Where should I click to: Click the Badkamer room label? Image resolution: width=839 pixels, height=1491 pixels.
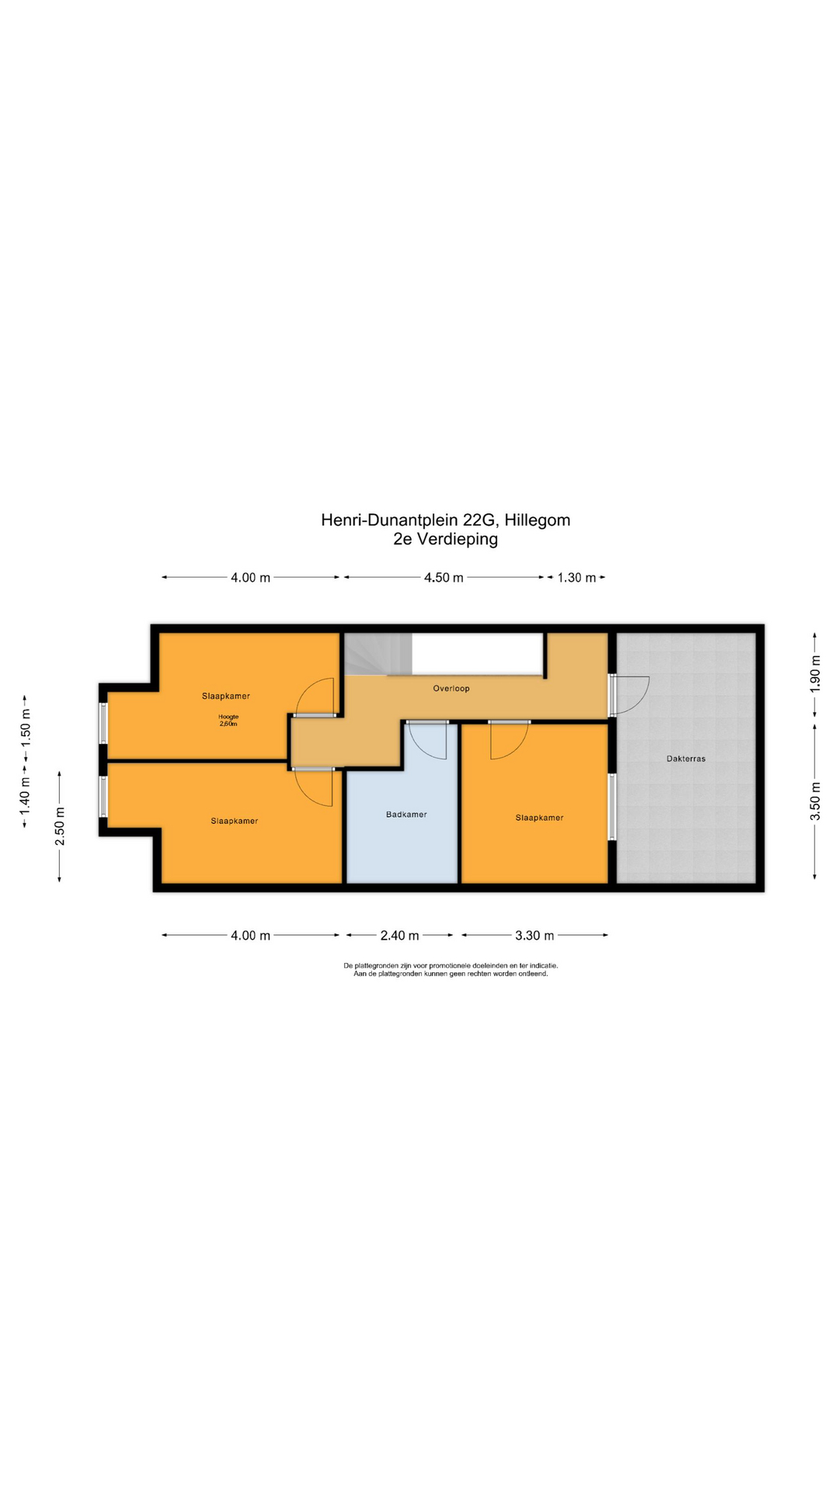[x=406, y=815]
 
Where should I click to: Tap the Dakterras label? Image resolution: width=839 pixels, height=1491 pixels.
[x=686, y=759]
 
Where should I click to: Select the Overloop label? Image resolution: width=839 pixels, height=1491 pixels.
[x=451, y=688]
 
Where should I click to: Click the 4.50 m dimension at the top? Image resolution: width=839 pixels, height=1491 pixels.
[x=444, y=578]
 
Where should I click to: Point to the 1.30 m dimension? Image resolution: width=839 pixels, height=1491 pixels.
[x=576, y=578]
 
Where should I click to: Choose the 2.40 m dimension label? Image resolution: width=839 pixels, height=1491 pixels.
[x=399, y=936]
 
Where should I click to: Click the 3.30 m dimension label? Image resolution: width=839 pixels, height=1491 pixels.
[x=534, y=936]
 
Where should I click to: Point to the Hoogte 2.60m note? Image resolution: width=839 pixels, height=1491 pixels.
[x=228, y=720]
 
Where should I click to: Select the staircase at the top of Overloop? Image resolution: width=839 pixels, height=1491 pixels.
[x=376, y=654]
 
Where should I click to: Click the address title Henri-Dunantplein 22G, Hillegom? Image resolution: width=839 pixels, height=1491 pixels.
[x=445, y=520]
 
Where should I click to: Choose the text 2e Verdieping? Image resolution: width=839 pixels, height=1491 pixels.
[x=445, y=539]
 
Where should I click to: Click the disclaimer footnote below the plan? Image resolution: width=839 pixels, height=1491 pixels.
[x=451, y=970]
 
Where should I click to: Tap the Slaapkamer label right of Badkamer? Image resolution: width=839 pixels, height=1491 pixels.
[x=539, y=818]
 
